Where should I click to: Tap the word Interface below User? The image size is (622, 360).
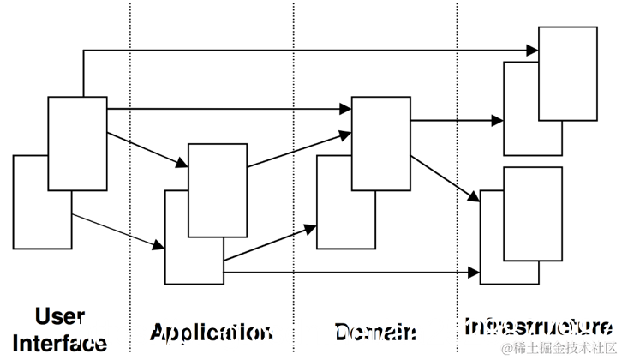59,342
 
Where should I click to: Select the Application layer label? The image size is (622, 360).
210,333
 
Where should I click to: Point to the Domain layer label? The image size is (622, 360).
375,333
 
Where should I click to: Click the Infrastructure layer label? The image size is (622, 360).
538,327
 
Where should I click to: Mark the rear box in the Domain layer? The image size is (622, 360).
333,214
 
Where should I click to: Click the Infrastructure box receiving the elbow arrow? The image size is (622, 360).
567,73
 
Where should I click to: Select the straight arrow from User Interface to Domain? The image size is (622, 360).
231,110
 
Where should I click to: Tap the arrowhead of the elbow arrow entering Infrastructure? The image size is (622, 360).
531,51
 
